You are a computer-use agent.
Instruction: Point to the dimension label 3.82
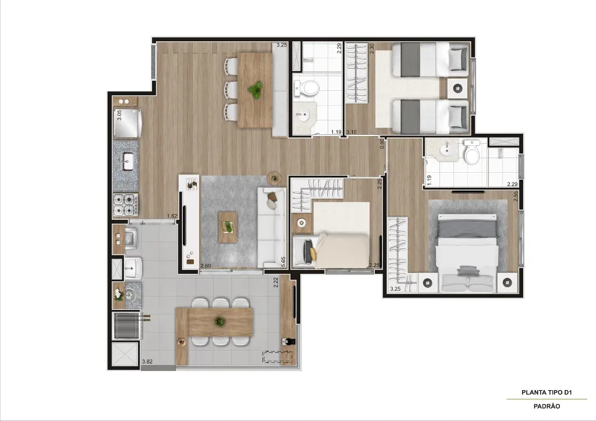pyautogui.click(x=148, y=362)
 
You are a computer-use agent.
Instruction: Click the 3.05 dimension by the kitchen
pyautogui.click(x=119, y=115)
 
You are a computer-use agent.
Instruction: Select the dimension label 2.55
pyautogui.click(x=516, y=196)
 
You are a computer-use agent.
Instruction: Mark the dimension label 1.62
pyautogui.click(x=172, y=216)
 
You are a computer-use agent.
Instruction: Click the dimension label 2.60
pyautogui.click(x=205, y=266)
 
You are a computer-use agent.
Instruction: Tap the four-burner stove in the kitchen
pyautogui.click(x=126, y=205)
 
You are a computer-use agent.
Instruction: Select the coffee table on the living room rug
pyautogui.click(x=228, y=227)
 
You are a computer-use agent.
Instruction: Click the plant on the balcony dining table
pyautogui.click(x=220, y=321)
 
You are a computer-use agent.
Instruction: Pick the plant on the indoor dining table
pyautogui.click(x=255, y=90)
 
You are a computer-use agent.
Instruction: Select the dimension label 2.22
pyautogui.click(x=276, y=282)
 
